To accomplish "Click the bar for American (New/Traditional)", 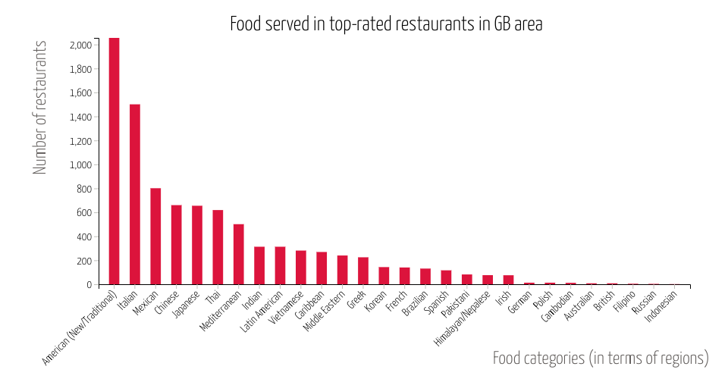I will (114, 161).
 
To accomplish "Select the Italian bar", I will (135, 195).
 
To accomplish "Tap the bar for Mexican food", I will (155, 236).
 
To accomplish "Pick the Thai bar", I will (218, 247).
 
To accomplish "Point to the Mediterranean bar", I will (238, 255).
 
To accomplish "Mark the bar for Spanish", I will (446, 277).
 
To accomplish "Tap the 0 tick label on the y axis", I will (89, 285).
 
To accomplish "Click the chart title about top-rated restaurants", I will (386, 24).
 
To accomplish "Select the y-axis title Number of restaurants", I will (40, 107).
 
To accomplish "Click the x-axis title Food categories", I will (600, 358).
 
